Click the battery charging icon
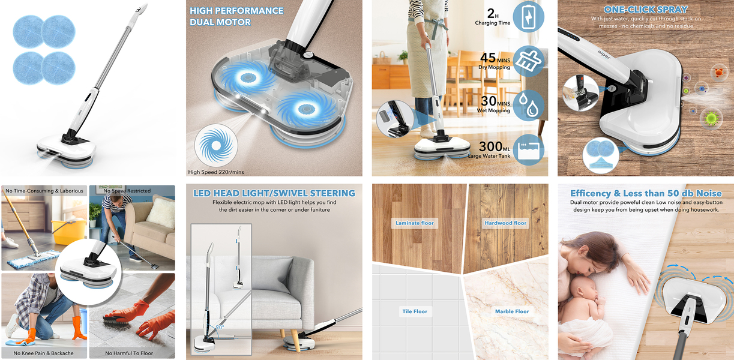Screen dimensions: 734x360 pos(528,17)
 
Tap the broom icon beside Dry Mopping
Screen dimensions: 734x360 pos(528,61)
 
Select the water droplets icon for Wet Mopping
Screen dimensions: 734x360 pos(528,105)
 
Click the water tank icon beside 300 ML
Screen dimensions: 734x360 pos(528,149)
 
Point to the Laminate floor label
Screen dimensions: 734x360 pos(415,223)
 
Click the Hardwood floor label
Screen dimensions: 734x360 pos(505,223)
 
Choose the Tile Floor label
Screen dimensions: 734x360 pos(415,311)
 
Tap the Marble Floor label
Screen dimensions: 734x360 pos(512,311)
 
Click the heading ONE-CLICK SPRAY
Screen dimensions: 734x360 pos(646,10)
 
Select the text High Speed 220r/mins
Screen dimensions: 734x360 pos(216,172)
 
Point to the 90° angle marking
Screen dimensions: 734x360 pos(220,327)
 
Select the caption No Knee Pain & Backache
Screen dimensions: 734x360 pos(44,353)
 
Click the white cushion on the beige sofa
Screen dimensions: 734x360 pos(161,213)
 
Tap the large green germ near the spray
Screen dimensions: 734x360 pos(711,118)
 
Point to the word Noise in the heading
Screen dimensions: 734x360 pos(709,193)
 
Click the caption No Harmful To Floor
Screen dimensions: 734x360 pos(129,353)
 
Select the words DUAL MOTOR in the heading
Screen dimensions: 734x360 pos(220,22)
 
